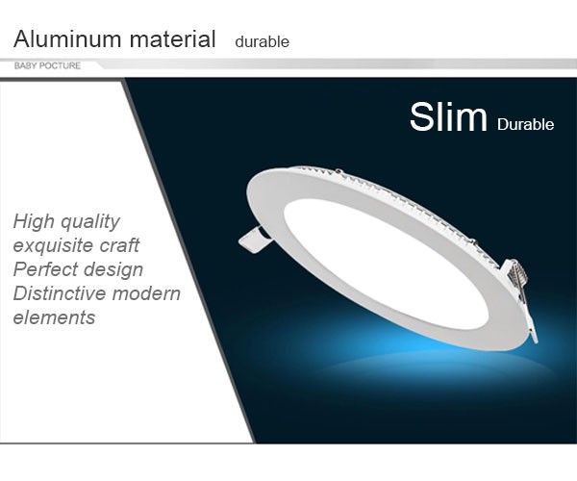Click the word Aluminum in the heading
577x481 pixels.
click(x=67, y=38)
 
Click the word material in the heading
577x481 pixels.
click(x=172, y=38)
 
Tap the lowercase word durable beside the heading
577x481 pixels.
click(x=262, y=41)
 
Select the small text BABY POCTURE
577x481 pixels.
click(x=47, y=65)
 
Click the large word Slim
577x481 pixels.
click(x=448, y=116)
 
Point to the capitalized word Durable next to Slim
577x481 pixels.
click(x=525, y=124)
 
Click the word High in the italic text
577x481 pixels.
click(x=33, y=222)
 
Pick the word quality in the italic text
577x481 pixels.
click(x=90, y=222)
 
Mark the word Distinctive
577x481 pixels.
click(x=59, y=293)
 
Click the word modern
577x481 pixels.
click(x=146, y=293)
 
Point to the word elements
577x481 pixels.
click(x=54, y=317)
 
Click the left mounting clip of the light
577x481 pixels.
click(x=255, y=240)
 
